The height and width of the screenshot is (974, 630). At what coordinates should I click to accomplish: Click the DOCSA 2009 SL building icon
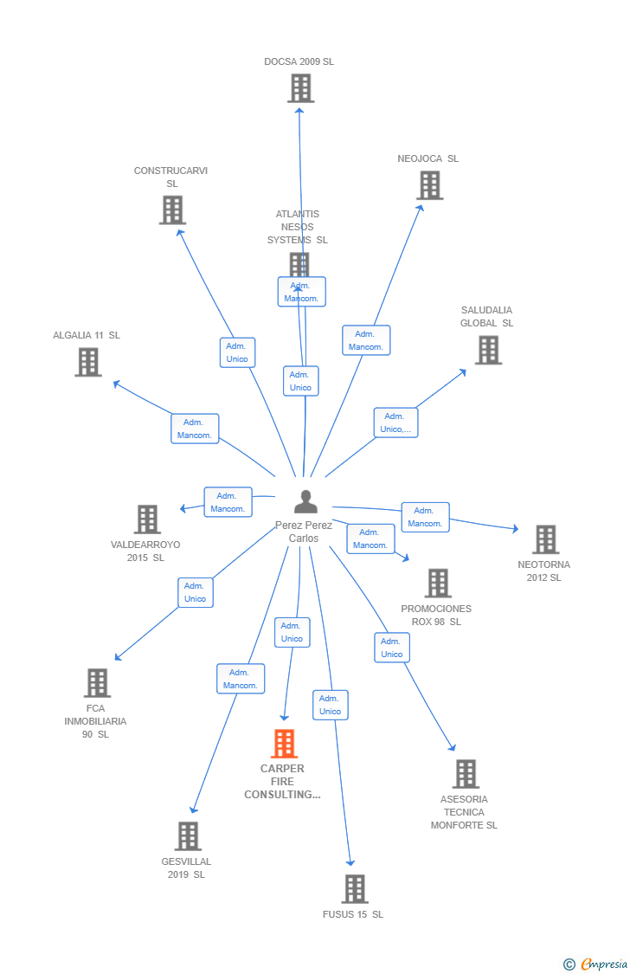pyautogui.click(x=300, y=88)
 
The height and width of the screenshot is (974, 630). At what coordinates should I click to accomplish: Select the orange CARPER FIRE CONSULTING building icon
pyautogui.click(x=284, y=744)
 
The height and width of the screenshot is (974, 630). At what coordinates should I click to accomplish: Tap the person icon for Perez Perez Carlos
pyautogui.click(x=305, y=502)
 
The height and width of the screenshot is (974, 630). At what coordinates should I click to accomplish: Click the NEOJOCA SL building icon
pyautogui.click(x=429, y=185)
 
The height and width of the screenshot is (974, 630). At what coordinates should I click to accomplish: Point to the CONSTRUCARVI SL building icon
pyautogui.click(x=172, y=210)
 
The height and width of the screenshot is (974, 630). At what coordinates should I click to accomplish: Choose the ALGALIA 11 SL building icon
pyautogui.click(x=88, y=362)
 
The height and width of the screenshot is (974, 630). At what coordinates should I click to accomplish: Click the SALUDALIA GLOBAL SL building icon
pyautogui.click(x=488, y=350)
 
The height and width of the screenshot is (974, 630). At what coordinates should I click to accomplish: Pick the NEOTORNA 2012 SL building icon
pyautogui.click(x=545, y=539)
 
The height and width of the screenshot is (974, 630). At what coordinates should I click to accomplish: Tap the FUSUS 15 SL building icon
pyautogui.click(x=354, y=889)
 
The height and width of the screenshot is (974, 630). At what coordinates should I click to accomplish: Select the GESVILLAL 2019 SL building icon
pyautogui.click(x=188, y=836)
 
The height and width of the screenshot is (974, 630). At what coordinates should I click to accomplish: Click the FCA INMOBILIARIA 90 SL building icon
pyautogui.click(x=97, y=683)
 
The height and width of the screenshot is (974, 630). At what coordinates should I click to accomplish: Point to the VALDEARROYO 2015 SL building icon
pyautogui.click(x=147, y=519)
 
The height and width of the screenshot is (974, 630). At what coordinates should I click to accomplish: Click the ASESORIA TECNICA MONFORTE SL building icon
pyautogui.click(x=466, y=774)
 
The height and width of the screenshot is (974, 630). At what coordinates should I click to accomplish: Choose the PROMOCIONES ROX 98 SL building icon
pyautogui.click(x=438, y=584)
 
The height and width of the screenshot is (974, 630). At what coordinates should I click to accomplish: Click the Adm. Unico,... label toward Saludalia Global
pyautogui.click(x=395, y=422)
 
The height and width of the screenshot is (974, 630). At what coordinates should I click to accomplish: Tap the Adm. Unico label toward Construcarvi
pyautogui.click(x=237, y=352)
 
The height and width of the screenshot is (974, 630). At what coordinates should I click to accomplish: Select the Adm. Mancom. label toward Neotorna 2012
pyautogui.click(x=425, y=517)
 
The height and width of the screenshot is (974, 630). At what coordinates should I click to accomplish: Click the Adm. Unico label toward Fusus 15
pyautogui.click(x=330, y=705)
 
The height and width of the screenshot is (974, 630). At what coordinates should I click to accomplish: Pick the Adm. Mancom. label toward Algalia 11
pyautogui.click(x=195, y=429)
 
